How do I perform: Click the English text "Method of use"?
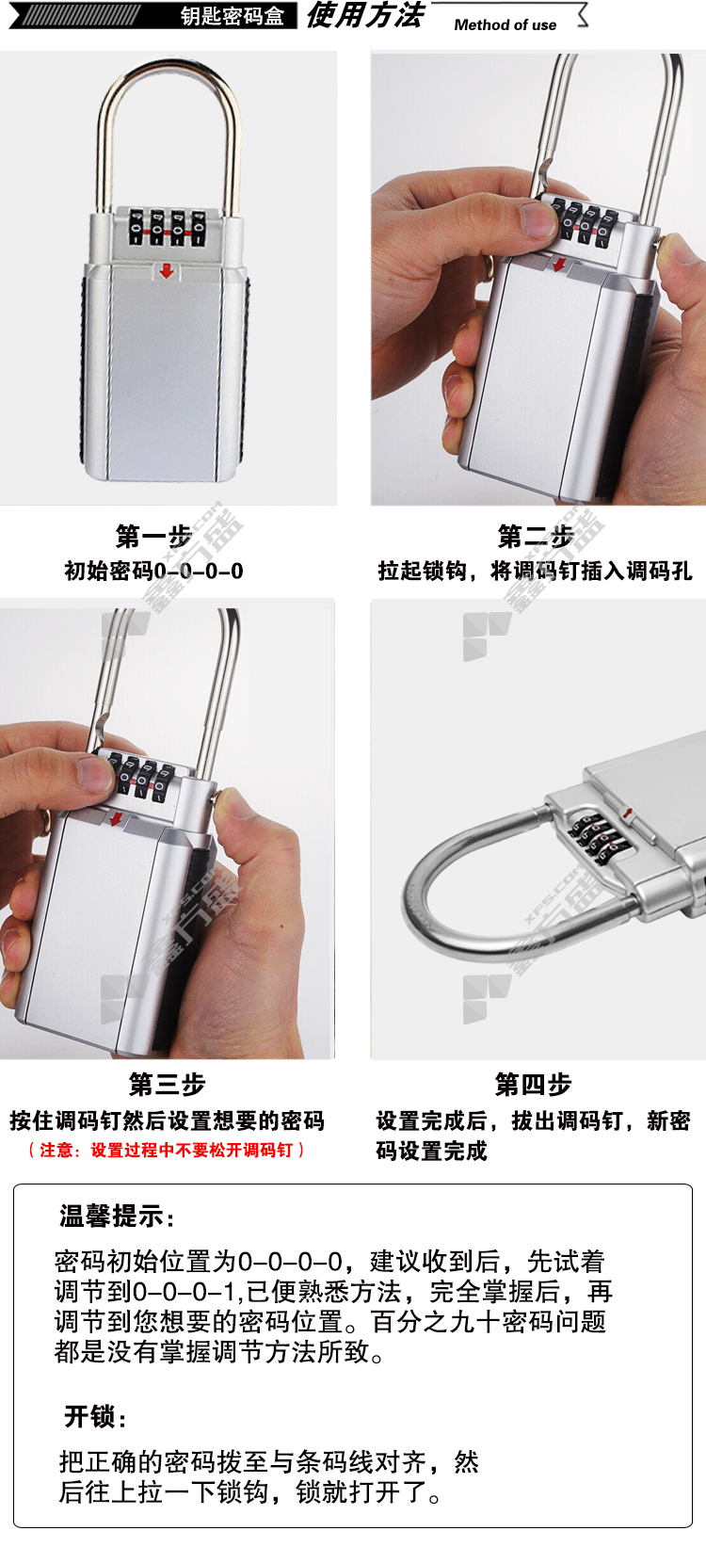(x=505, y=24)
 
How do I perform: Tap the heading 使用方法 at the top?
(x=364, y=15)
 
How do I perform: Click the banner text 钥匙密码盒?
(x=232, y=16)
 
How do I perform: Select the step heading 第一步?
(x=153, y=536)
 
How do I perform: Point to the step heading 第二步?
(x=536, y=536)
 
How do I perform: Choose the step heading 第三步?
(x=167, y=1085)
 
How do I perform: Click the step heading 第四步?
(x=533, y=1085)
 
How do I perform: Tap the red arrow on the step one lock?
(x=167, y=270)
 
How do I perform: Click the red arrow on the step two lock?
(x=559, y=263)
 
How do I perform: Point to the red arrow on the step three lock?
(x=117, y=818)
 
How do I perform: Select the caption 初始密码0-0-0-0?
(x=153, y=572)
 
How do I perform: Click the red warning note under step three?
(x=167, y=1150)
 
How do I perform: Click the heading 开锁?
(x=95, y=1416)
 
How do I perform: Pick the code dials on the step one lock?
(x=168, y=227)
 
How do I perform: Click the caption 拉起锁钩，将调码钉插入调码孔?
(x=535, y=572)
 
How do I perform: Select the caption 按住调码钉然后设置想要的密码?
(x=167, y=1120)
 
